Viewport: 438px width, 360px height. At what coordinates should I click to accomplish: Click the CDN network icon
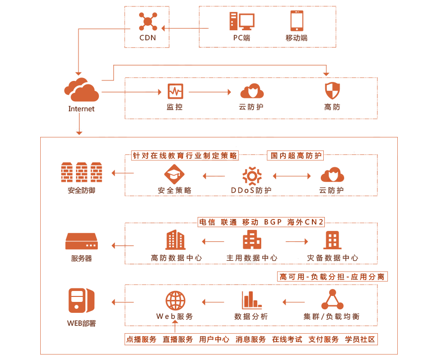[148, 21]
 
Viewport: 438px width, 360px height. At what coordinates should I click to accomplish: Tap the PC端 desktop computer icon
[242, 21]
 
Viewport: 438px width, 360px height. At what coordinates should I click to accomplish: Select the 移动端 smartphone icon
[296, 21]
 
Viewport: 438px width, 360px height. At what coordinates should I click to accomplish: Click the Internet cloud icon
[81, 90]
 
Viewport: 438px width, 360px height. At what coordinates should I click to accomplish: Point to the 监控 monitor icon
[175, 91]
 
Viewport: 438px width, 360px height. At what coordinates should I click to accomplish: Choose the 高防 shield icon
[332, 91]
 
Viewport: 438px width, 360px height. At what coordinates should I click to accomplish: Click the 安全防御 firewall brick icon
[81, 172]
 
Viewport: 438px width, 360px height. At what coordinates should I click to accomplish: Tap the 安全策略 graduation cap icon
[174, 174]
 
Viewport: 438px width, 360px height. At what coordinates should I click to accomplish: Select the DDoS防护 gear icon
[252, 176]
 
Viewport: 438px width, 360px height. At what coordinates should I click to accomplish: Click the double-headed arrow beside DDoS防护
[292, 176]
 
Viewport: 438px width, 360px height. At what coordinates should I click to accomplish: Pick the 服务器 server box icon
[81, 241]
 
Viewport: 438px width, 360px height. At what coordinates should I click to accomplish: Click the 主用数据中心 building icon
[252, 240]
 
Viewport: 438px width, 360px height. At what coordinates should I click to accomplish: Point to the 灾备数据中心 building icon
[332, 240]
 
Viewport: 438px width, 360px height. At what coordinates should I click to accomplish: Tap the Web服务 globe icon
[175, 300]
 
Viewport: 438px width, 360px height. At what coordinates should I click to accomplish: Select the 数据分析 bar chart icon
[252, 300]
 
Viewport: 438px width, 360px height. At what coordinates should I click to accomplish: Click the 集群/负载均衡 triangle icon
[332, 299]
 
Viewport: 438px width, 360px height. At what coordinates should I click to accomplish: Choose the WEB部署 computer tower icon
[81, 300]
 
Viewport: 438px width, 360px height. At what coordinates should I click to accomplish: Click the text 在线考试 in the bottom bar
[287, 339]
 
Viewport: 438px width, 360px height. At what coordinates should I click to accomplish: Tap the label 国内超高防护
[296, 155]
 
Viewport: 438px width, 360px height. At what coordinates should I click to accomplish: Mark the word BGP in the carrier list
[273, 222]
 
